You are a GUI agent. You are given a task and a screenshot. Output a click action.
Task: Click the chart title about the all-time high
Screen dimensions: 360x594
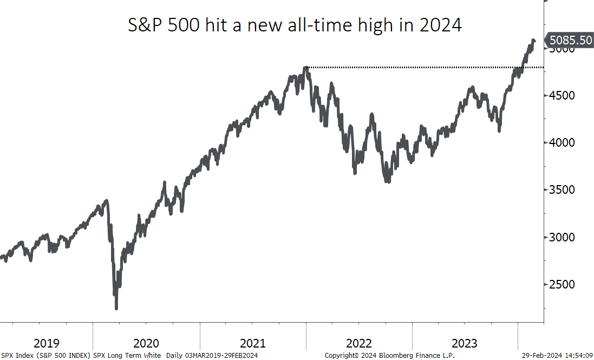pyautogui.click(x=295, y=25)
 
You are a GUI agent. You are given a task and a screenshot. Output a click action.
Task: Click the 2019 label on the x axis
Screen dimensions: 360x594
pyautogui.click(x=47, y=343)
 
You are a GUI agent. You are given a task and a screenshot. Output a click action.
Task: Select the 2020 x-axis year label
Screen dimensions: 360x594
pyautogui.click(x=146, y=343)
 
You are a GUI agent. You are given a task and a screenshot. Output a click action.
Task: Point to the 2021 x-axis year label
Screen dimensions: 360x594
pyautogui.click(x=252, y=343)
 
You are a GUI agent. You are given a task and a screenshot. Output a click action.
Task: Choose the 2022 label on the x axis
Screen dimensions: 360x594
pyautogui.click(x=358, y=343)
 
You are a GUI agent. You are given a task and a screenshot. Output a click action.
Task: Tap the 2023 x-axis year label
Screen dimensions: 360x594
pyautogui.click(x=465, y=343)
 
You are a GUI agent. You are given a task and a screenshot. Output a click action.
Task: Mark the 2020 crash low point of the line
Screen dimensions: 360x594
pyautogui.click(x=116, y=308)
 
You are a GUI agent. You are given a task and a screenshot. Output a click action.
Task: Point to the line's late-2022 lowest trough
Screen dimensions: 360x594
pyautogui.click(x=387, y=182)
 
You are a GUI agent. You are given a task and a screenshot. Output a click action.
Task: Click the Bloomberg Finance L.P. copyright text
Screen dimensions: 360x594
pyautogui.click(x=389, y=356)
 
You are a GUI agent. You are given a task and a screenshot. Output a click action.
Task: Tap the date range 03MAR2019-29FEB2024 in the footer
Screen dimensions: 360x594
pyautogui.click(x=222, y=356)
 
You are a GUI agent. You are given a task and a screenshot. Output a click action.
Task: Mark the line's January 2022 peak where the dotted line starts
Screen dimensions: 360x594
pyautogui.click(x=306, y=68)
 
